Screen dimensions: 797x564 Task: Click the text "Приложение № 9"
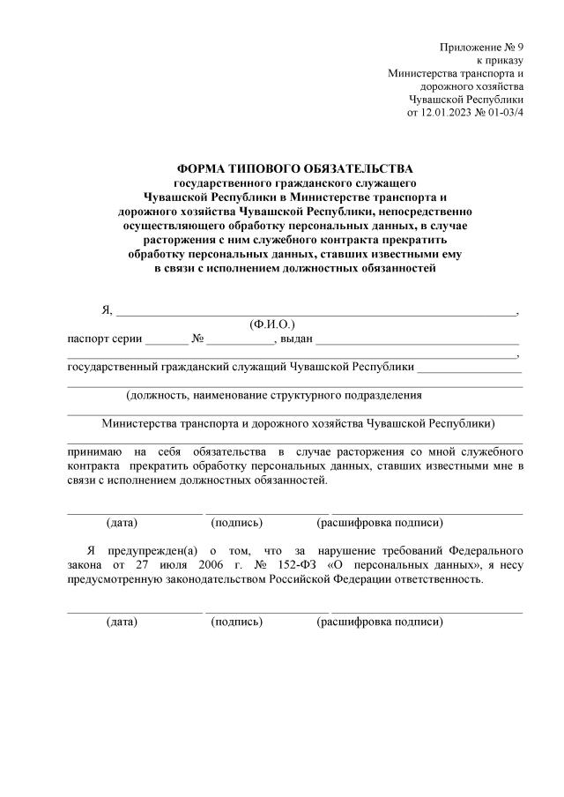pos(481,47)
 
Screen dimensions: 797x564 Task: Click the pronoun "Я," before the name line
pos(108,309)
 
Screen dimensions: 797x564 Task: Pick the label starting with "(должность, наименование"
pos(273,395)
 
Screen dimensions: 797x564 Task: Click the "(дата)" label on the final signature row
pos(122,622)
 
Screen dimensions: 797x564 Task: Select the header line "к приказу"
pos(500,60)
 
